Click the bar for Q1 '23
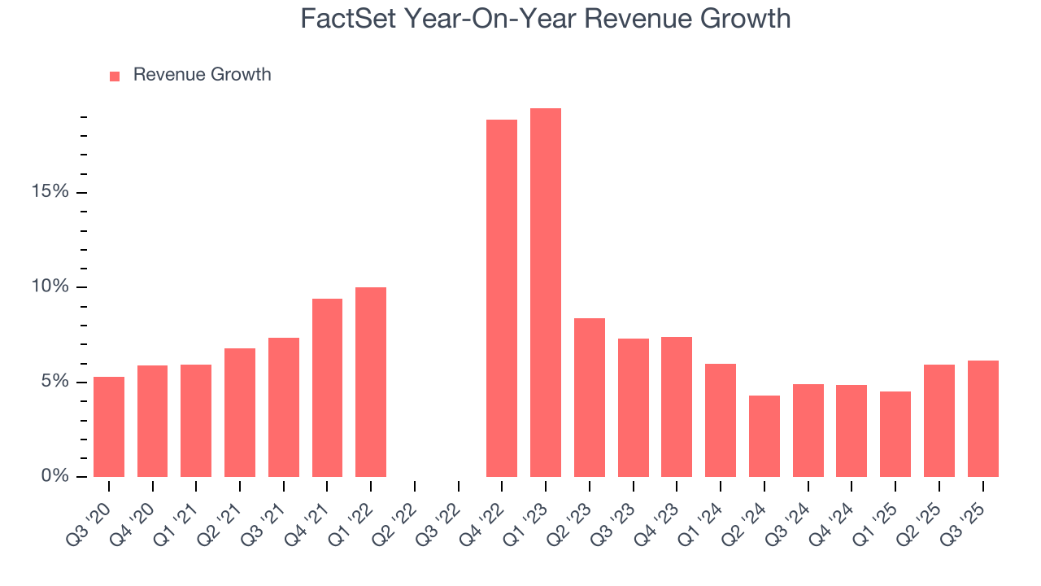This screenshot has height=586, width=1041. (545, 293)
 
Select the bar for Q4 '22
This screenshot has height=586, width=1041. (502, 299)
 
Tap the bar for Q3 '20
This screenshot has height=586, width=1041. (109, 426)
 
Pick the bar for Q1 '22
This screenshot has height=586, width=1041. (371, 382)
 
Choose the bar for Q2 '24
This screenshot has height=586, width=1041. (764, 436)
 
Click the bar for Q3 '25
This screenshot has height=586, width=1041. (982, 418)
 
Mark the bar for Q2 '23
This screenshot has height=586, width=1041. (589, 397)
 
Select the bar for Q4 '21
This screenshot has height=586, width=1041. (327, 387)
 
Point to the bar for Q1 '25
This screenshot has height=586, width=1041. (895, 434)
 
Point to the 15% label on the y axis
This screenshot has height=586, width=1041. (51, 192)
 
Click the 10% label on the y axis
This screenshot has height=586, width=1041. (51, 287)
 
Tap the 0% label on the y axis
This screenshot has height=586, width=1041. (55, 476)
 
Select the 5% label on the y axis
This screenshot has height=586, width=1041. (55, 382)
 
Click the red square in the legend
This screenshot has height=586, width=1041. (115, 76)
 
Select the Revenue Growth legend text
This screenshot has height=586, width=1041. (202, 75)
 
